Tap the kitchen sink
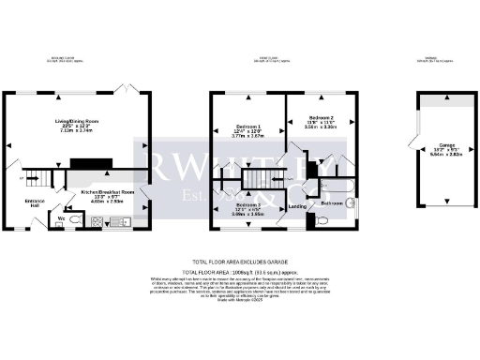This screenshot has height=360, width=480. [124, 223]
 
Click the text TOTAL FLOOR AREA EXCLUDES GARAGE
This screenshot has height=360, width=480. [239, 260]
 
